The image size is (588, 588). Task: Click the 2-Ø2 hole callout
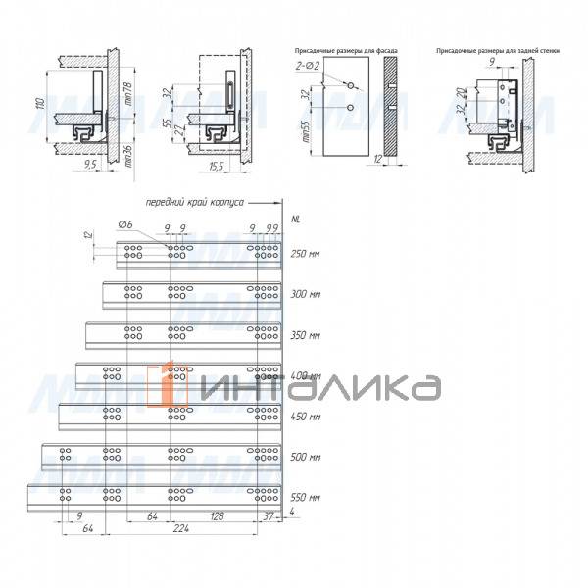click(x=309, y=65)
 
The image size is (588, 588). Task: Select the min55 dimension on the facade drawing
click(x=307, y=129)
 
